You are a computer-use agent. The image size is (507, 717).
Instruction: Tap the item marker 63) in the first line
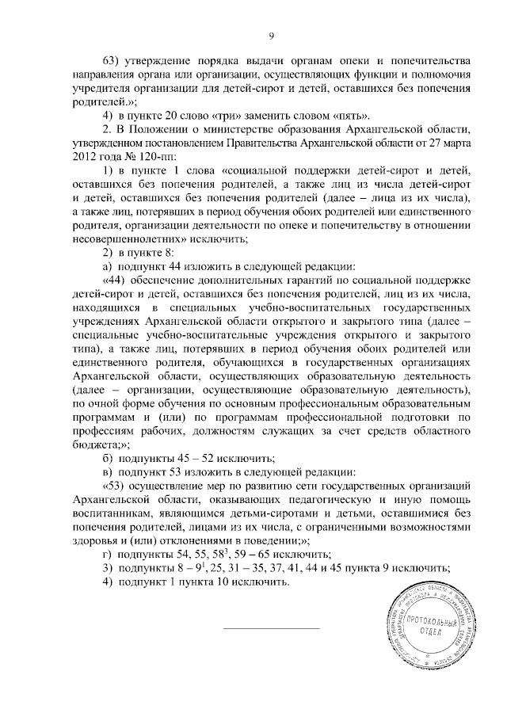(x=114, y=62)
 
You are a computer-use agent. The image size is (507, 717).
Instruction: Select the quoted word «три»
(x=212, y=115)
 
